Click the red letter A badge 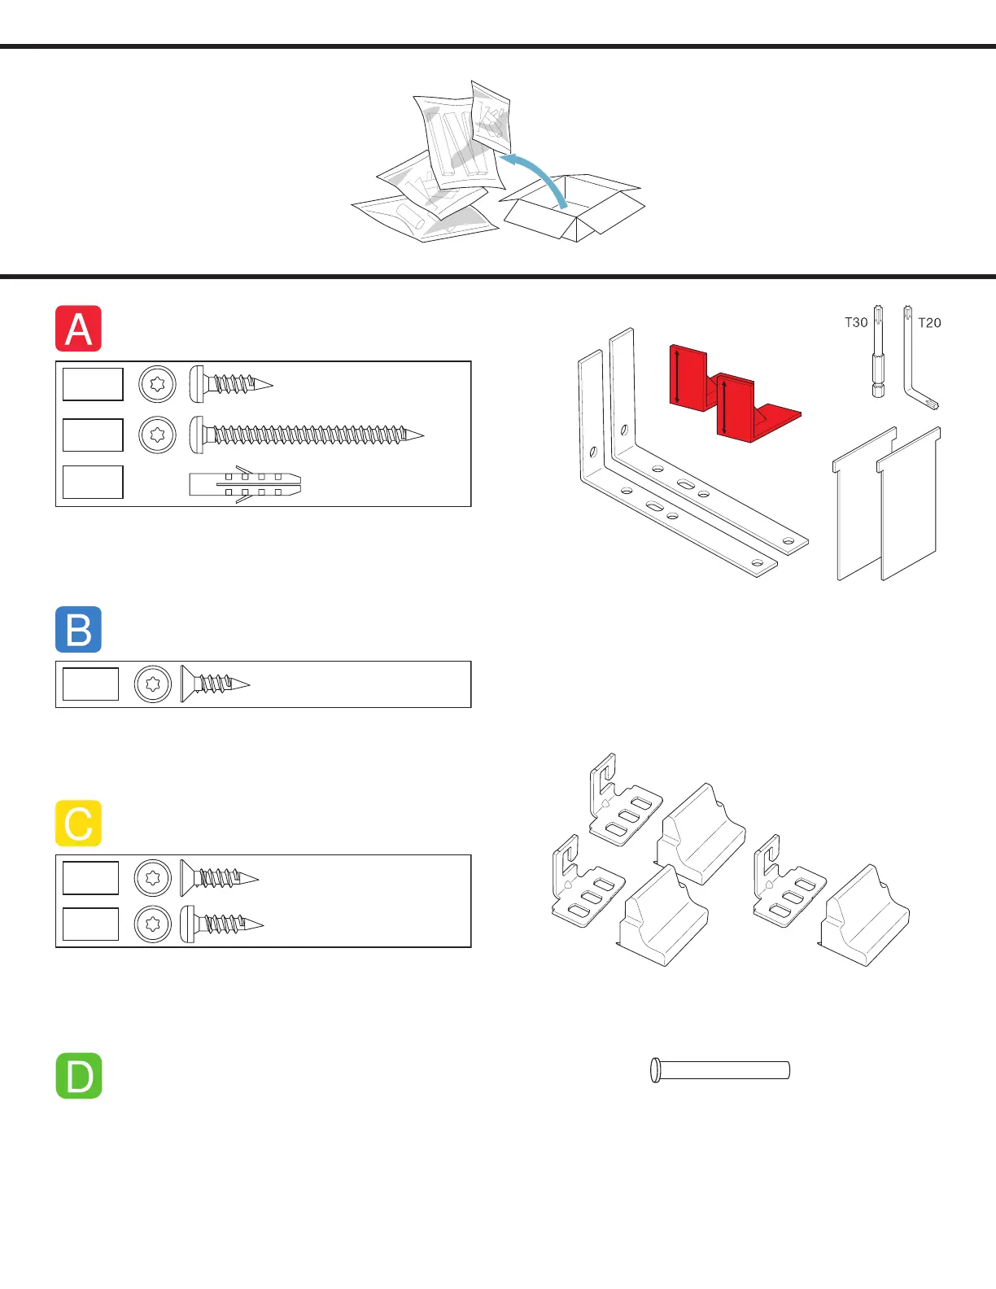[x=78, y=329]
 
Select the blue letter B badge [x=78, y=629]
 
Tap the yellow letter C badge [x=78, y=823]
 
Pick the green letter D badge [x=78, y=1076]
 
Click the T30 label [x=855, y=322]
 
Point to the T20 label [x=929, y=323]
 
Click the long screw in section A [x=307, y=435]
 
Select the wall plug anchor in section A [x=245, y=485]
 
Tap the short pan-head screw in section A [x=231, y=383]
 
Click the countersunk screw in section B [x=214, y=684]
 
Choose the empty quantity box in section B [x=90, y=684]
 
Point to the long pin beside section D [x=720, y=1069]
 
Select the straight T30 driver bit [x=878, y=352]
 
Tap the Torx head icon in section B [x=153, y=684]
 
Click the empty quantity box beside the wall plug [x=93, y=482]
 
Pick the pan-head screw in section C [x=221, y=924]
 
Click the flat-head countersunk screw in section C [x=219, y=878]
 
